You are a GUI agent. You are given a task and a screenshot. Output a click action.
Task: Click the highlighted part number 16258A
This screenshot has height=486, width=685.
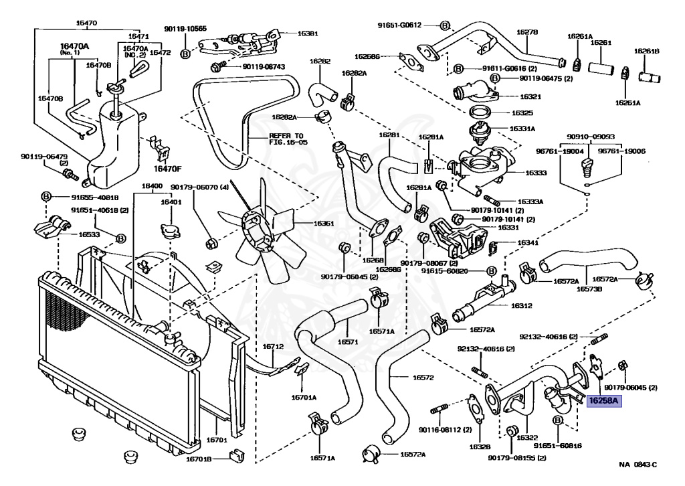click(604, 402)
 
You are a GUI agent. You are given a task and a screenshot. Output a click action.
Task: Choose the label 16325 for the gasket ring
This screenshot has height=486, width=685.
click(525, 113)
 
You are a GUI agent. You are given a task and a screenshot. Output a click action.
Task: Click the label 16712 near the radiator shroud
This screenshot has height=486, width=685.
click(273, 347)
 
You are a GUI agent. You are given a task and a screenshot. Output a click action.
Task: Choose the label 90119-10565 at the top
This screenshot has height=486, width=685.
click(185, 29)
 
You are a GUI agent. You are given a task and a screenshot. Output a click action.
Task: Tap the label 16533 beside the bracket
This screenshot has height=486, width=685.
click(90, 235)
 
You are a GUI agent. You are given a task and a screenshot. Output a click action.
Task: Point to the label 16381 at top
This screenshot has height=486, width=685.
click(308, 32)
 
